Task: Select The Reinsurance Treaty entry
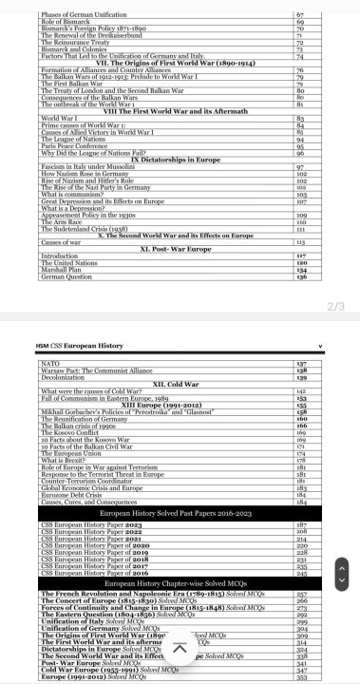[76, 44]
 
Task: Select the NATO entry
[51, 364]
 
